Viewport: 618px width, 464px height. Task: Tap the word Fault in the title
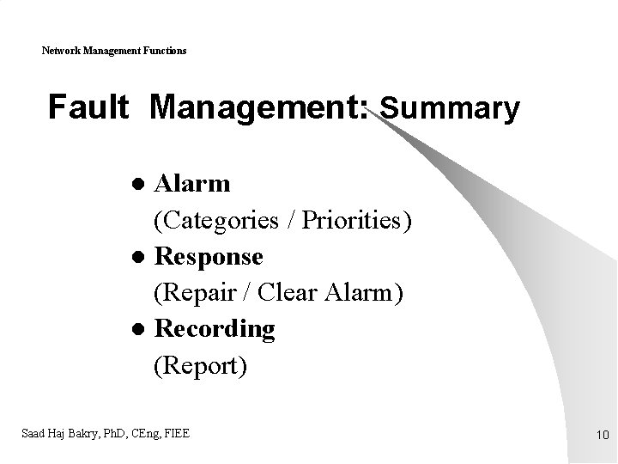[x=88, y=108]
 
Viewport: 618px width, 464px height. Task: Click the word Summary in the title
[x=450, y=109]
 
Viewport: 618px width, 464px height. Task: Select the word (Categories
[x=215, y=221]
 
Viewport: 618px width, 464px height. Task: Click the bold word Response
[x=208, y=257]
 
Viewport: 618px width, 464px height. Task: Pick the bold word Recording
[x=214, y=329]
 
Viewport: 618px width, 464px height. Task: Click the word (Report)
[x=200, y=366]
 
